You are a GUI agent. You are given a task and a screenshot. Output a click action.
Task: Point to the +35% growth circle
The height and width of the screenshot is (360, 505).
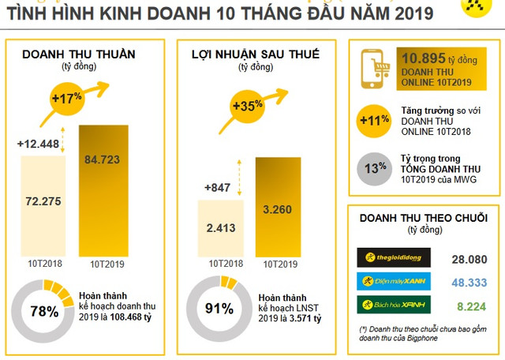coord(247,105)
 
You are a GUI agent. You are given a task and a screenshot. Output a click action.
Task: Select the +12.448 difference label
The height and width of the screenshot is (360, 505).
coord(38,144)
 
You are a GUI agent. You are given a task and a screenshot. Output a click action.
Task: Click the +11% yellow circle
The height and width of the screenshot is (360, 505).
coord(375,120)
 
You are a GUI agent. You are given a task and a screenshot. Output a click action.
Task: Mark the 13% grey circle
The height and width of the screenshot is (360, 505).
coord(375,167)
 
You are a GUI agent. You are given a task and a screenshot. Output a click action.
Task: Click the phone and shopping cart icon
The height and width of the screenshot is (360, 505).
coord(376,69)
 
